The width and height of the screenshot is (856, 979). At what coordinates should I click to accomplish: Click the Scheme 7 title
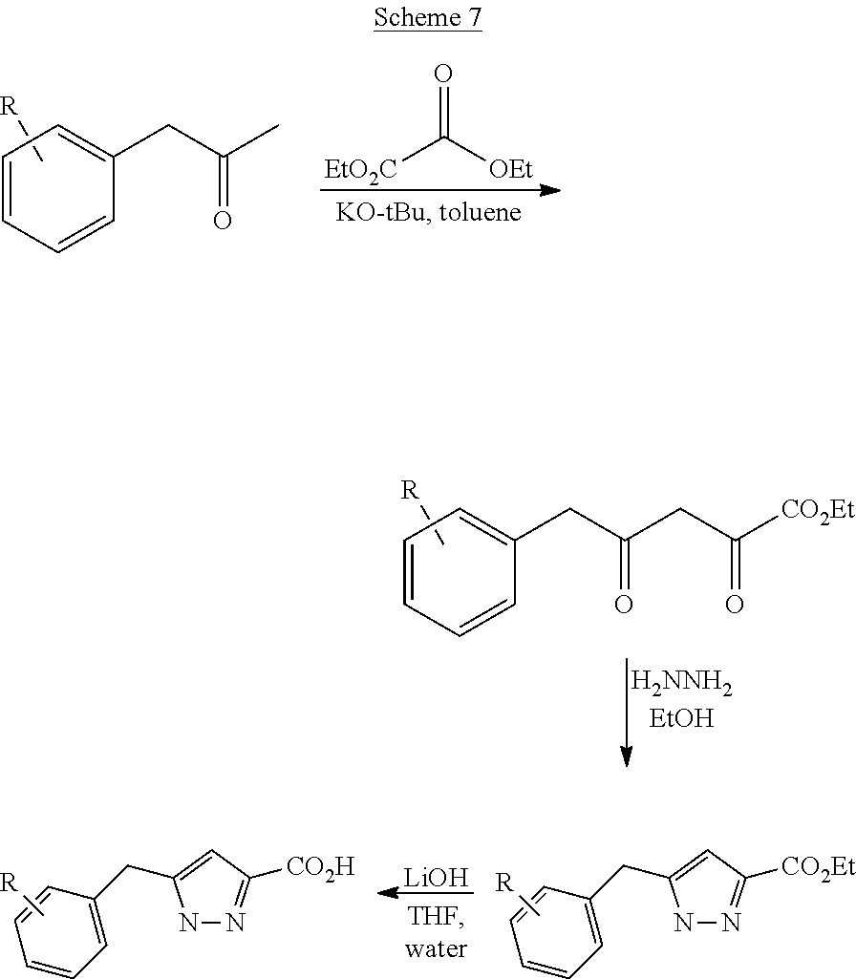427,17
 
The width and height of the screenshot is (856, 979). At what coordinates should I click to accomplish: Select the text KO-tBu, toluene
428,212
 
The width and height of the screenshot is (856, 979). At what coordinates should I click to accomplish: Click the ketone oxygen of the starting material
222,222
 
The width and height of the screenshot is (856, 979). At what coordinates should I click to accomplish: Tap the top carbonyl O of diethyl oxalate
442,74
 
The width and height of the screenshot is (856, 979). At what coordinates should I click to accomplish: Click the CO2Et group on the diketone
817,510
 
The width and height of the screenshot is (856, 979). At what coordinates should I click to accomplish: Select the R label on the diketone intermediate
410,491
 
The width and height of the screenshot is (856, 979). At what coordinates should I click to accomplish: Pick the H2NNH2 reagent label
680,684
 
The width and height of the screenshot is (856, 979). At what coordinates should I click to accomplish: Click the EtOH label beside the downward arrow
680,718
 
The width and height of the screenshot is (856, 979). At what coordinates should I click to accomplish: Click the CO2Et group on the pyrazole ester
817,866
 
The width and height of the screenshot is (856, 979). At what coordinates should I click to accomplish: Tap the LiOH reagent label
436,878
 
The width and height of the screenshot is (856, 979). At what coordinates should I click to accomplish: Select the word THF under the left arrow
436,915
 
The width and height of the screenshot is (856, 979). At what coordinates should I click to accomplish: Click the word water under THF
436,948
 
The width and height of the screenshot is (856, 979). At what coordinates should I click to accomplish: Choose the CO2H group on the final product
320,867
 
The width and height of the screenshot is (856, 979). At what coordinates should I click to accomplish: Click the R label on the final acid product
9,881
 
